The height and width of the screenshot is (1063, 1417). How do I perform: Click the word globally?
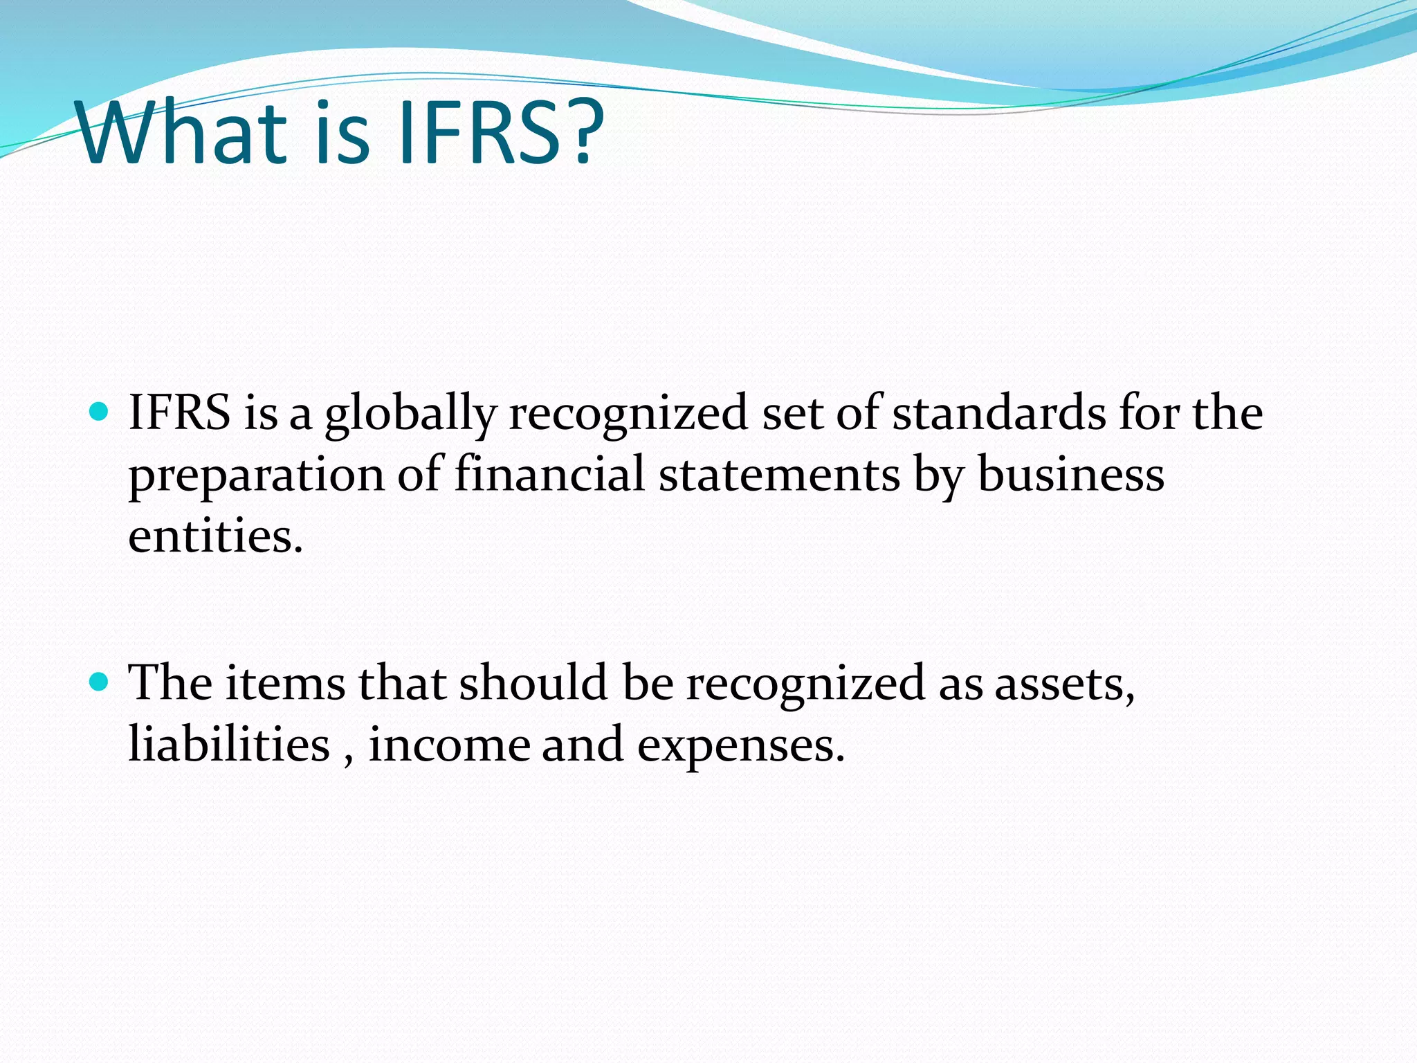point(410,414)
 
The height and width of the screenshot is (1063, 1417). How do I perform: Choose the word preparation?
point(256,476)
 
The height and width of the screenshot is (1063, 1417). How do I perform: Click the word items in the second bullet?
point(285,683)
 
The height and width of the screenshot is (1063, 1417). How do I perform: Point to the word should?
point(533,683)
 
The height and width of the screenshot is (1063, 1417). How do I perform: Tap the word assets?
point(1064,684)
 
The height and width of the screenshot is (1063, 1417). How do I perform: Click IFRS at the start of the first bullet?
point(179,412)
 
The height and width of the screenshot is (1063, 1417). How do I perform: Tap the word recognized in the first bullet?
point(628,414)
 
